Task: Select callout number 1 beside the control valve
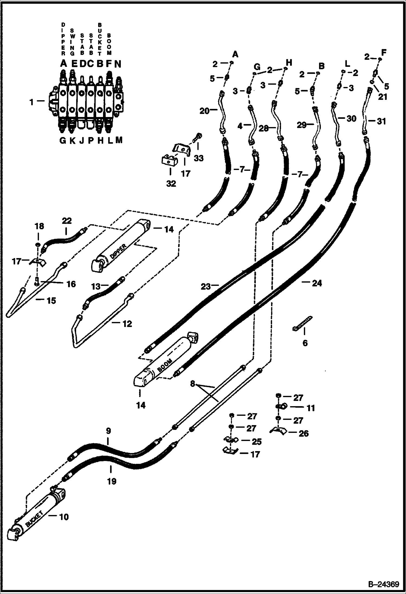tap(32, 102)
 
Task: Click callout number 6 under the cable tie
tap(305, 343)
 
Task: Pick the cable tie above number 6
tap(302, 323)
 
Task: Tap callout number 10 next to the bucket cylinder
tap(64, 517)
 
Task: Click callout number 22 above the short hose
tap(67, 221)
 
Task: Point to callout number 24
tap(317, 283)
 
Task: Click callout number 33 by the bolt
tap(199, 158)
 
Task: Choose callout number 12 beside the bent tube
tap(127, 324)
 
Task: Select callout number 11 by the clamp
tap(310, 408)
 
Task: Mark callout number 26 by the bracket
tap(303, 433)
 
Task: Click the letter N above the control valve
tap(118, 64)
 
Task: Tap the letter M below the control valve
tap(119, 140)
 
